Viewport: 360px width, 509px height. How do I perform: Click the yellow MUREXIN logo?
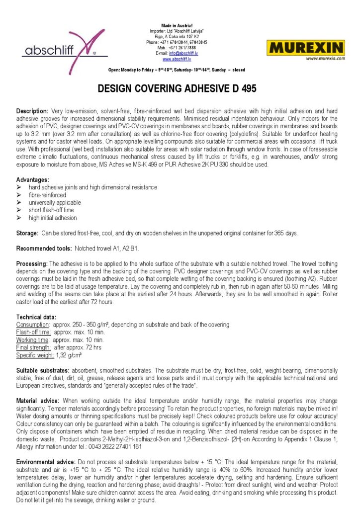pyautogui.click(x=305, y=49)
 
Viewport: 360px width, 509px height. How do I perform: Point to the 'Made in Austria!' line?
pyautogui.click(x=177, y=25)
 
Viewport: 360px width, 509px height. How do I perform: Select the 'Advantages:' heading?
pyautogui.click(x=33, y=179)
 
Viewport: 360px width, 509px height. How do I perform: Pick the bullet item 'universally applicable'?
pyautogui.click(x=54, y=202)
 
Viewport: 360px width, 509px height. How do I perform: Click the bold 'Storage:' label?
pyautogui.click(x=27, y=233)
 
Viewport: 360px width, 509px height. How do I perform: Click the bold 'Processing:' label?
pyautogui.click(x=32, y=263)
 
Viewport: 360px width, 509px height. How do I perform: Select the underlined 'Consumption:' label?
pyautogui.click(x=32, y=325)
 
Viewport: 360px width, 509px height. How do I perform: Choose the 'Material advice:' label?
pyautogui.click(x=38, y=400)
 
